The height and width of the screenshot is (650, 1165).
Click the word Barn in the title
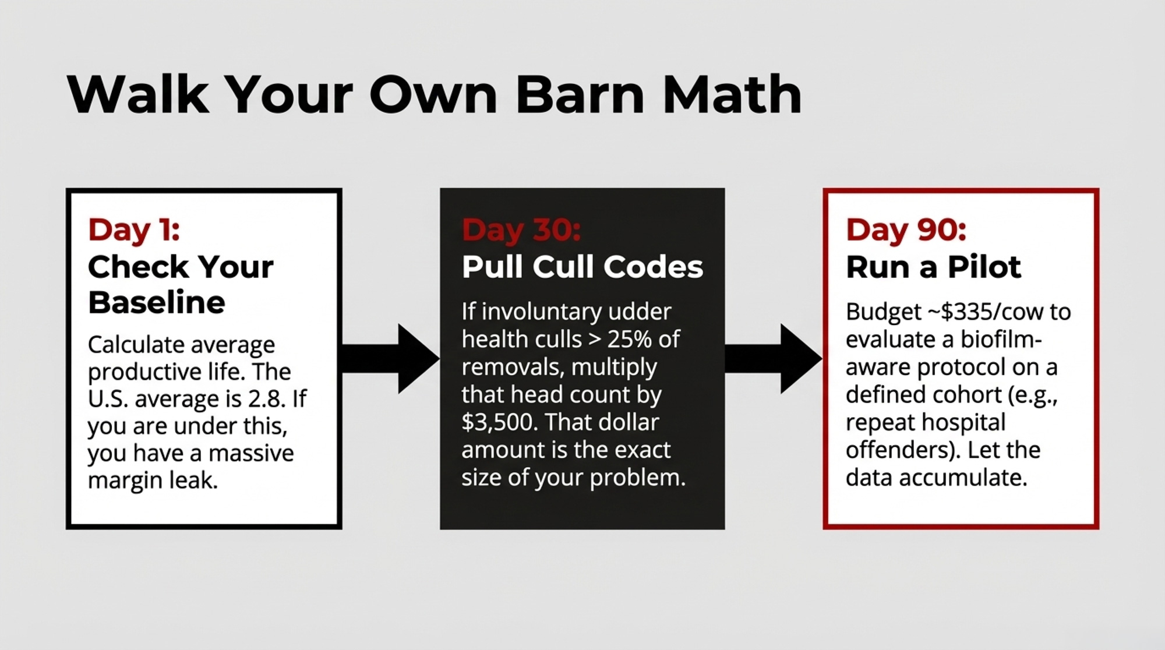[580, 94]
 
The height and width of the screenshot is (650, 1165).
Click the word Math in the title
[732, 94]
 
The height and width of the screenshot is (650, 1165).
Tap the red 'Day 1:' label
[134, 229]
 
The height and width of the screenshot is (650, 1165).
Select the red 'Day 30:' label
[521, 229]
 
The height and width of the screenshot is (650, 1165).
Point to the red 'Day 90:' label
[906, 229]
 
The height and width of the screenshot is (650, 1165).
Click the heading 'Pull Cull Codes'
[582, 267]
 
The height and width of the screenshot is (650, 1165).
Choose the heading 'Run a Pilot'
[933, 267]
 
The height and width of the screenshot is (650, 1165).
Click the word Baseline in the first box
[157, 302]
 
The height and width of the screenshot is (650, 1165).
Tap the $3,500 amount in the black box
[499, 422]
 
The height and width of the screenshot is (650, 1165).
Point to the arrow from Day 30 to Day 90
[774, 358]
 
